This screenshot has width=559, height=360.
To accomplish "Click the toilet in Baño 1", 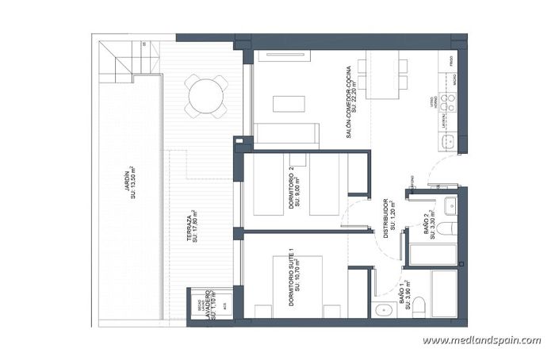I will (423, 308).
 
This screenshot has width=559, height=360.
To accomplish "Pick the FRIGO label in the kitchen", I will (450, 60).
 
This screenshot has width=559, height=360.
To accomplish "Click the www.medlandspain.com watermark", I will (481, 341).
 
